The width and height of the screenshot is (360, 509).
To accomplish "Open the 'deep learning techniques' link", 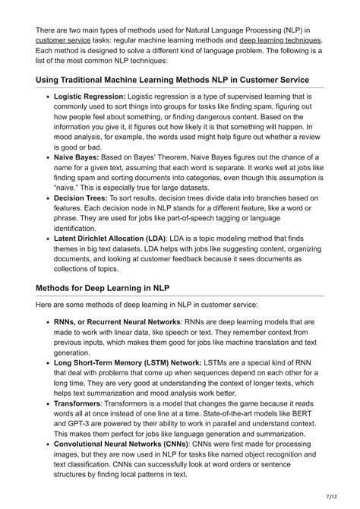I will click(282, 40).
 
